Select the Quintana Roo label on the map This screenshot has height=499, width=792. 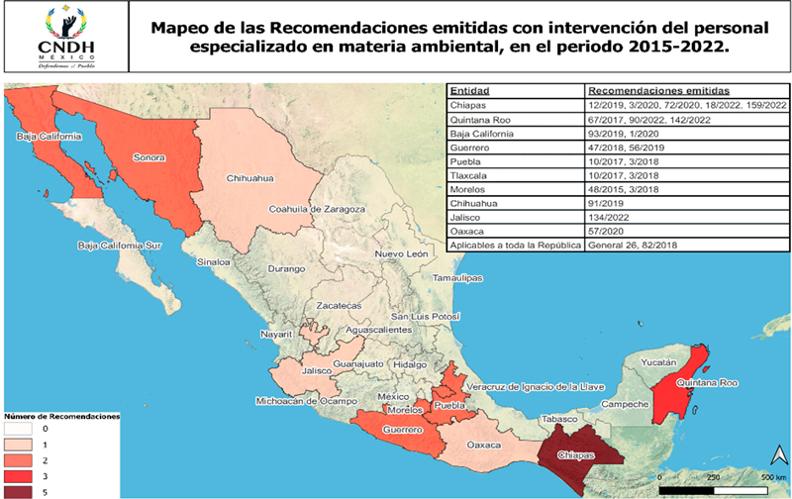[x=707, y=382]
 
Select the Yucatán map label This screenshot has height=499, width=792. [x=655, y=362]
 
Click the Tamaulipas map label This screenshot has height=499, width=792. [x=457, y=278]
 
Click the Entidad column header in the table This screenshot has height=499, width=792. [x=469, y=90]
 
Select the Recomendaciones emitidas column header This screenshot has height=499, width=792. [x=646, y=90]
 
